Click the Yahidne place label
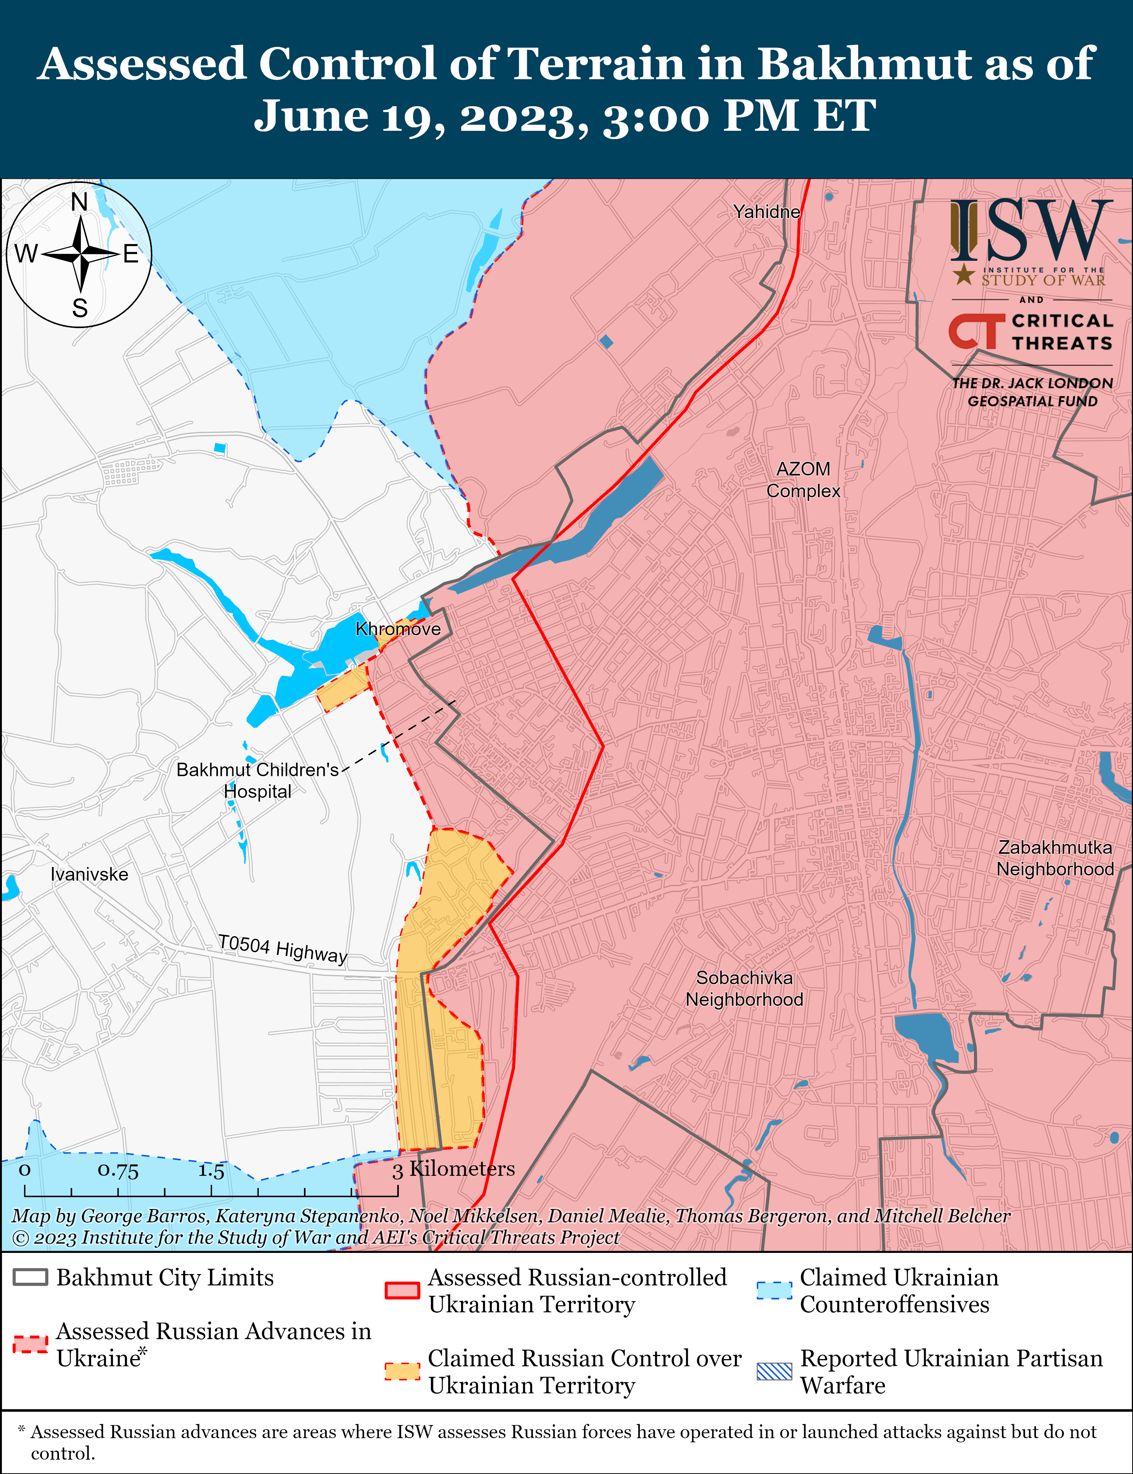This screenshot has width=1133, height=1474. [x=767, y=212]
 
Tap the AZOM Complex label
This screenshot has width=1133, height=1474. [x=803, y=480]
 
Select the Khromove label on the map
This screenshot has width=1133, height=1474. [x=398, y=629]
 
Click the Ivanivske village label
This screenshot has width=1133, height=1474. [x=89, y=875]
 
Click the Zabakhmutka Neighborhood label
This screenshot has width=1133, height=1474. [x=1055, y=858]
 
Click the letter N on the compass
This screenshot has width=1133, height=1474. [x=80, y=202]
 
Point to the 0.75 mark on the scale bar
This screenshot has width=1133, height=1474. [x=118, y=1170]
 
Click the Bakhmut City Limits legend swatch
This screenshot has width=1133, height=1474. [x=30, y=1277]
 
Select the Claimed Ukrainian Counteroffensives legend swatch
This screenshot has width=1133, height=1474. [x=773, y=1290]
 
